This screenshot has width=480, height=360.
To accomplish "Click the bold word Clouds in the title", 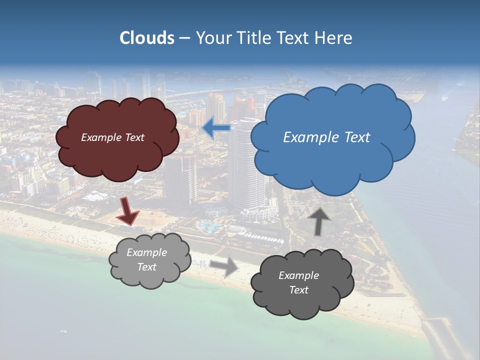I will tap(146, 38).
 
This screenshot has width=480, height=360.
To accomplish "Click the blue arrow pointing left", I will tap(216, 129).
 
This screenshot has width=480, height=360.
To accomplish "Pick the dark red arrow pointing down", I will tap(127, 210).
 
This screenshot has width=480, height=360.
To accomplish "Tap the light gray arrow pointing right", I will tap(224, 267).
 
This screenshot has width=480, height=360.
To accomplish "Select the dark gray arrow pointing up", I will tap(320, 220).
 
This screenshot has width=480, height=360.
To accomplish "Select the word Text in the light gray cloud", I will tap(147, 267).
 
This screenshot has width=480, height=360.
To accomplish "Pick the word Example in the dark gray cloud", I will tap(298, 275).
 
